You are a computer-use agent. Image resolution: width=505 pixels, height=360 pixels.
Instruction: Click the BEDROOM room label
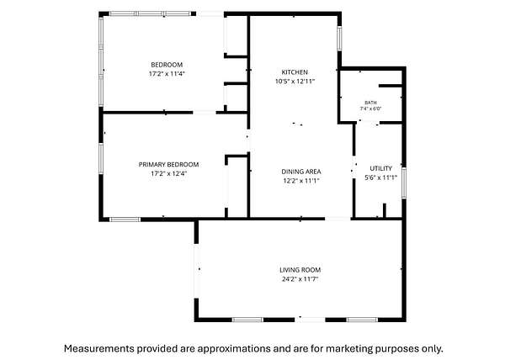pos(167,65)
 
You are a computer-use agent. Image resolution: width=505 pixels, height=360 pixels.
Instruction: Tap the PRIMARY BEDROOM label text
pos(168,165)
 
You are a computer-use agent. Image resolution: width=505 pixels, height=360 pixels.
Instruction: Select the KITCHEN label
pos(295,72)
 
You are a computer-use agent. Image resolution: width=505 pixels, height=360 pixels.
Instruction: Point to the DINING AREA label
pos(301,172)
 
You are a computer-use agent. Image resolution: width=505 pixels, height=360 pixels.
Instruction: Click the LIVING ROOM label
pos(300,270)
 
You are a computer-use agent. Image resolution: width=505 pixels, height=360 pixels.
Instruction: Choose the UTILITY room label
pos(380,168)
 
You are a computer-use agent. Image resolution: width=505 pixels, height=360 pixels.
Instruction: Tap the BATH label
pos(370,103)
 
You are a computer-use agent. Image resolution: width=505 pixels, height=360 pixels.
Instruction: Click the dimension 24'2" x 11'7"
pos(300,279)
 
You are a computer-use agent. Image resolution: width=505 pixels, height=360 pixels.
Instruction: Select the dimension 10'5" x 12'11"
pos(295,82)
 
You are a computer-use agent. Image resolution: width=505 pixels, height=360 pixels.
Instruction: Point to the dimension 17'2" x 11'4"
pos(167,74)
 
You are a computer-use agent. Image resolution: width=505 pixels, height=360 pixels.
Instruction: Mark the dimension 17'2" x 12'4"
pos(169,174)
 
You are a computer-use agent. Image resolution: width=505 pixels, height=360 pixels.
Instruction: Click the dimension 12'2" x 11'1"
pos(301,181)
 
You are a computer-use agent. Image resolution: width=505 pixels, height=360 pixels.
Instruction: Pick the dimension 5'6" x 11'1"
pos(380,177)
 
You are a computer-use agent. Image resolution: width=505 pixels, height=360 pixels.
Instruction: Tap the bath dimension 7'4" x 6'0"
pos(370,109)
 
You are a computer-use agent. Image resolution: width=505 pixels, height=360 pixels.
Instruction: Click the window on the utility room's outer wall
pos(404,183)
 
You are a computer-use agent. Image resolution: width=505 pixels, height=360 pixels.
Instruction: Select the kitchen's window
pos(339,39)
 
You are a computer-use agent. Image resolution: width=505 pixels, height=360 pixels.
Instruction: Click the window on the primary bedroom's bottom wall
pos(125,220)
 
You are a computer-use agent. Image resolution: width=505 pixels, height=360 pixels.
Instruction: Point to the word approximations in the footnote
pos(234,349)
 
